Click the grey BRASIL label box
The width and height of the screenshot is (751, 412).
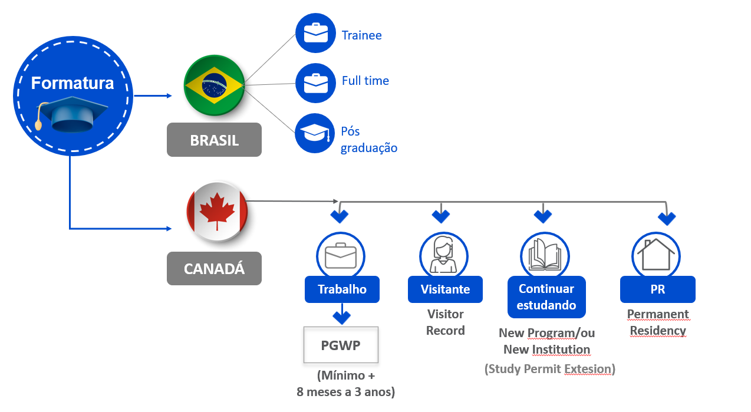point(214,140)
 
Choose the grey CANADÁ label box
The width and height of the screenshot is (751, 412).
point(214,269)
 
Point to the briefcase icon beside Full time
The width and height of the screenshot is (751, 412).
point(315,83)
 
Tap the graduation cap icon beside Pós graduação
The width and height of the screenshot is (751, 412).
point(315,133)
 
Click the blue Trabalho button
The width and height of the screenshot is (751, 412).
point(342,289)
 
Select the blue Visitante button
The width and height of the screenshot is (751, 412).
point(445,289)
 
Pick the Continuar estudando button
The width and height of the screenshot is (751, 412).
point(546,296)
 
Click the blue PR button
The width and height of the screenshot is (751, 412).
point(657,289)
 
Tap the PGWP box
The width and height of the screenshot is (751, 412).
point(341,344)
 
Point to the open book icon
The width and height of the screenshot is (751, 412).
point(545,255)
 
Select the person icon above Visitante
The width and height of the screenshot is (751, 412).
point(443,255)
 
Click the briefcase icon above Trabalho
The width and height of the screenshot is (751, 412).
point(341,255)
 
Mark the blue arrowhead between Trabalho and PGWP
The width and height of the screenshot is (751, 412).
point(341,317)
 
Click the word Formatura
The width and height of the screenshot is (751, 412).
point(73,83)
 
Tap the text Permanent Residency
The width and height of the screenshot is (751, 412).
point(657,322)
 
